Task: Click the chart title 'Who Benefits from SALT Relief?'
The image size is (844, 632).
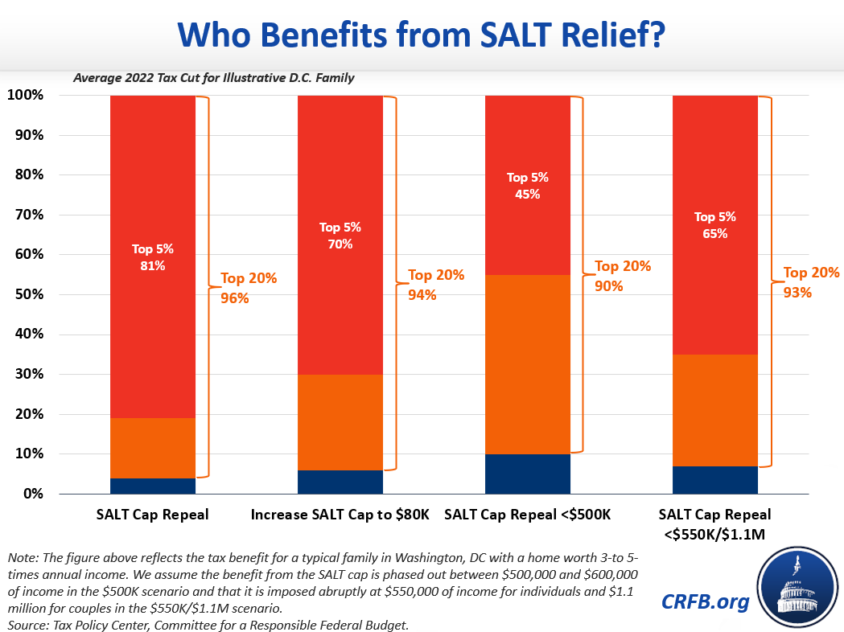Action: point(421,36)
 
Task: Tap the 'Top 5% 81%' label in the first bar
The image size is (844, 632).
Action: point(153,257)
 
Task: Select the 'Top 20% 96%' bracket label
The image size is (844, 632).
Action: point(249,288)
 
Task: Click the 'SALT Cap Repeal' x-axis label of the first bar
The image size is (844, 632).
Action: point(153,515)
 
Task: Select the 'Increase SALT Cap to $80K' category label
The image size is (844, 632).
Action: point(340,515)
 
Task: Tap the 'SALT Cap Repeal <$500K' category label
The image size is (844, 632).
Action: point(528,515)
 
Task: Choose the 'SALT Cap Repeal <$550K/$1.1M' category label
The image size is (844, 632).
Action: point(714,523)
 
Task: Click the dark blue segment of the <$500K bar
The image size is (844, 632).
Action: point(528,474)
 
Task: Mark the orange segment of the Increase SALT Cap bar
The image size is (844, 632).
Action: point(340,422)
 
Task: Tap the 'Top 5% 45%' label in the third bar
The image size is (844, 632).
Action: point(528,186)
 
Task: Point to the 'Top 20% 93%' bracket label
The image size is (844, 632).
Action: point(811,282)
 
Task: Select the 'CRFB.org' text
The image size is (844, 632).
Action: point(705,601)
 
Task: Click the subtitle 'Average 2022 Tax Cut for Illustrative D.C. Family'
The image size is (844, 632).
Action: point(214,78)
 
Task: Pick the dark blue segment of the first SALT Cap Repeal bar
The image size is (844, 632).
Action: point(153,486)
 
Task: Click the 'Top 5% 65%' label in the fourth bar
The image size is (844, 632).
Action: point(714,225)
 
